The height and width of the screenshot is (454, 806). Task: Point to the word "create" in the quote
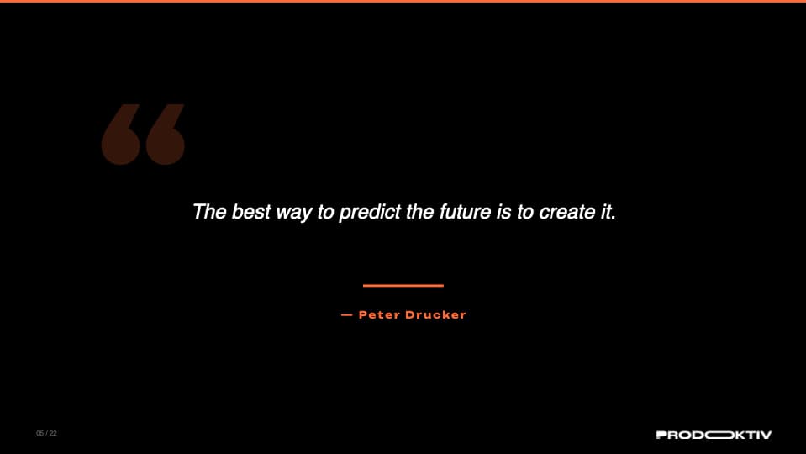click(x=566, y=211)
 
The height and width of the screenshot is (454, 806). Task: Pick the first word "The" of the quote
click(x=209, y=211)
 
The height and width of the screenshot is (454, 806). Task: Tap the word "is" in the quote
click(x=504, y=211)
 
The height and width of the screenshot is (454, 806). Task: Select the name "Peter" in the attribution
click(x=377, y=315)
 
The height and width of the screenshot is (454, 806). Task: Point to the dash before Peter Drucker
click(x=346, y=315)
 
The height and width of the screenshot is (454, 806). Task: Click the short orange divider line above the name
click(x=403, y=286)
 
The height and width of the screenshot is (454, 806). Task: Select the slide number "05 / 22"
click(x=46, y=434)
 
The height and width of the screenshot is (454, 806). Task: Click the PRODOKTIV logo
click(x=713, y=435)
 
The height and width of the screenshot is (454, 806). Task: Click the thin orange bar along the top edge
click(x=403, y=1)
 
